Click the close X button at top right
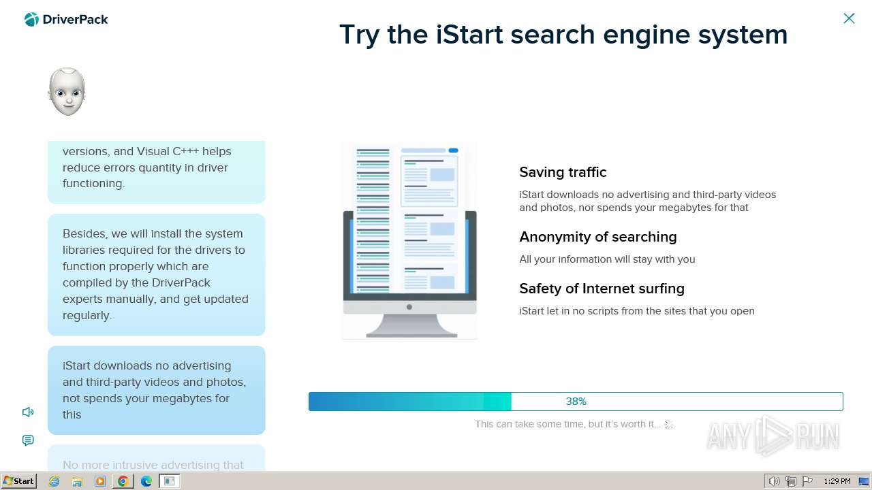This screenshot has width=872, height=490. pyautogui.click(x=849, y=18)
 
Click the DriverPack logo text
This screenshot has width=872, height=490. pyautogui.click(x=75, y=20)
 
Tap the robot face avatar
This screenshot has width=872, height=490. pyautogui.click(x=67, y=91)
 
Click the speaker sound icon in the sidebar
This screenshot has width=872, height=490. pyautogui.click(x=28, y=412)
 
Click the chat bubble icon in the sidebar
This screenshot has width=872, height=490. pyautogui.click(x=28, y=440)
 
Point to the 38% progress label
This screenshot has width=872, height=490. pyautogui.click(x=576, y=402)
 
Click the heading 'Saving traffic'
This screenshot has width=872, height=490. pyautogui.click(x=563, y=172)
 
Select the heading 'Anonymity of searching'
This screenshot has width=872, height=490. pyautogui.click(x=597, y=237)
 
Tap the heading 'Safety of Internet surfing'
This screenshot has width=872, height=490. pyautogui.click(x=602, y=289)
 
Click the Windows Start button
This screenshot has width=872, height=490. pyautogui.click(x=18, y=481)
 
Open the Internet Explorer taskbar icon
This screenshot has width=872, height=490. pyautogui.click(x=54, y=481)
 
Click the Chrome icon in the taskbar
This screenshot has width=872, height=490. pyautogui.click(x=123, y=481)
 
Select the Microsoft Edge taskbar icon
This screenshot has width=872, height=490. pyautogui.click(x=146, y=481)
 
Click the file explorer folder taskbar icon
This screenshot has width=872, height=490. pyautogui.click(x=77, y=481)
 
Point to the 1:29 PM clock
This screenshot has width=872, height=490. pyautogui.click(x=837, y=481)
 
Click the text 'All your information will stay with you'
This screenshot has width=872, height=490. pyautogui.click(x=607, y=259)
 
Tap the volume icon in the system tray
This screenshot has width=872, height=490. pyautogui.click(x=774, y=481)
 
